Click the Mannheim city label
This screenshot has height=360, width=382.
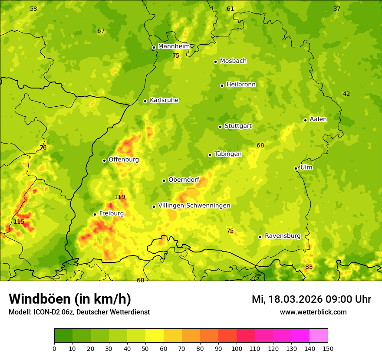click(x=174, y=46)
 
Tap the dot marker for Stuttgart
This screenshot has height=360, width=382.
click(x=220, y=127)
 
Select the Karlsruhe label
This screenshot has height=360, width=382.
click(x=164, y=100)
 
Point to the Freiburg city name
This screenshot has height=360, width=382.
click(x=112, y=213)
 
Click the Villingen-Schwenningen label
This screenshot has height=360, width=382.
click(x=194, y=206)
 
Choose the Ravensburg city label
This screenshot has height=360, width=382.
click(x=283, y=236)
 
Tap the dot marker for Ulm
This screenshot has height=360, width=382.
click(x=296, y=168)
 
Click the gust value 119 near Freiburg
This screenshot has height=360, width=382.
click(x=120, y=197)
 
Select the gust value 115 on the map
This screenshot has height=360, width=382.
click(x=19, y=222)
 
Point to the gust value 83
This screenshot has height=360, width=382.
click(x=309, y=267)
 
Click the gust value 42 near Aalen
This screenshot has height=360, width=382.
click(x=346, y=94)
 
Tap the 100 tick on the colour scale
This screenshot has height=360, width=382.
click(x=237, y=348)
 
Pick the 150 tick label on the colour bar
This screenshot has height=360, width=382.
click(x=328, y=348)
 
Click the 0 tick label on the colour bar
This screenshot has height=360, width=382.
click(x=54, y=348)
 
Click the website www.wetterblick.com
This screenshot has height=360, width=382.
click(x=313, y=312)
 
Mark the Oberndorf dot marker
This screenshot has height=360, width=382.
click(x=164, y=180)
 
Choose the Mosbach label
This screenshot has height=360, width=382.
click(x=233, y=61)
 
